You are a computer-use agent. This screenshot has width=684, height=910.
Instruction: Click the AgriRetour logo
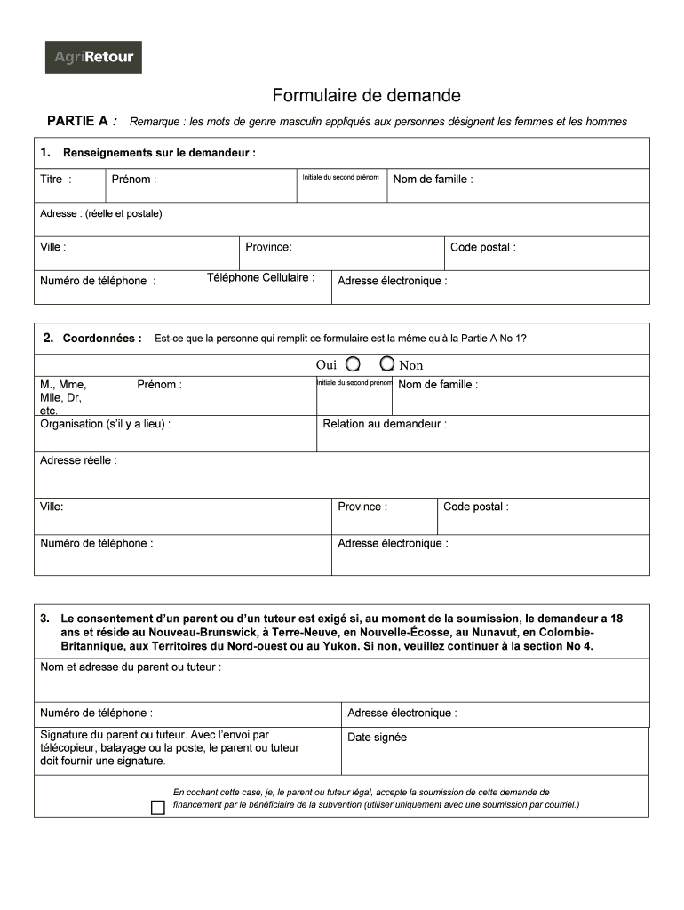(x=93, y=57)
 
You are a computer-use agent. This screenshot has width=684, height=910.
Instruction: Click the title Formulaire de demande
(x=366, y=95)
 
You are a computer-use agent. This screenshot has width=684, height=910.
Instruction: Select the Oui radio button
(x=353, y=364)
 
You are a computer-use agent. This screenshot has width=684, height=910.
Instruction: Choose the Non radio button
(x=387, y=364)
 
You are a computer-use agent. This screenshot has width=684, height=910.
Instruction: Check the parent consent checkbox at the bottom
(x=158, y=808)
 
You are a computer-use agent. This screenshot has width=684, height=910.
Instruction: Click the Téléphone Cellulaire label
(x=260, y=278)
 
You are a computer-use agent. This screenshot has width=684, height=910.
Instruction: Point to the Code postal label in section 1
(x=482, y=248)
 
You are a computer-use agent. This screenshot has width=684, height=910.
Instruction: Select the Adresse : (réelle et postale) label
(x=100, y=214)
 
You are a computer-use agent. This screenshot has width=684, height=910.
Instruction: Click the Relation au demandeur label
(x=384, y=424)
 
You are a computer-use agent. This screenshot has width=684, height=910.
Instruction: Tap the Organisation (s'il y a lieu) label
(x=105, y=424)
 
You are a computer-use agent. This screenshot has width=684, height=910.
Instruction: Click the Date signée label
(x=377, y=738)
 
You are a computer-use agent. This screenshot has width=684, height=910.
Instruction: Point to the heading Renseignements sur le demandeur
(x=159, y=153)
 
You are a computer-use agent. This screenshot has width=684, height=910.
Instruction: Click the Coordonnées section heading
(x=101, y=339)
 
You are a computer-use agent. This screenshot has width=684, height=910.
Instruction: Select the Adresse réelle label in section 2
(x=77, y=460)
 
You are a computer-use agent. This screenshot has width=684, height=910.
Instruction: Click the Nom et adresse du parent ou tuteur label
(x=130, y=667)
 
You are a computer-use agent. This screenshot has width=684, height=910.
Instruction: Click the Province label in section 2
(x=362, y=507)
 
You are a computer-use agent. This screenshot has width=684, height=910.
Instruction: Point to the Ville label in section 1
(x=52, y=248)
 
